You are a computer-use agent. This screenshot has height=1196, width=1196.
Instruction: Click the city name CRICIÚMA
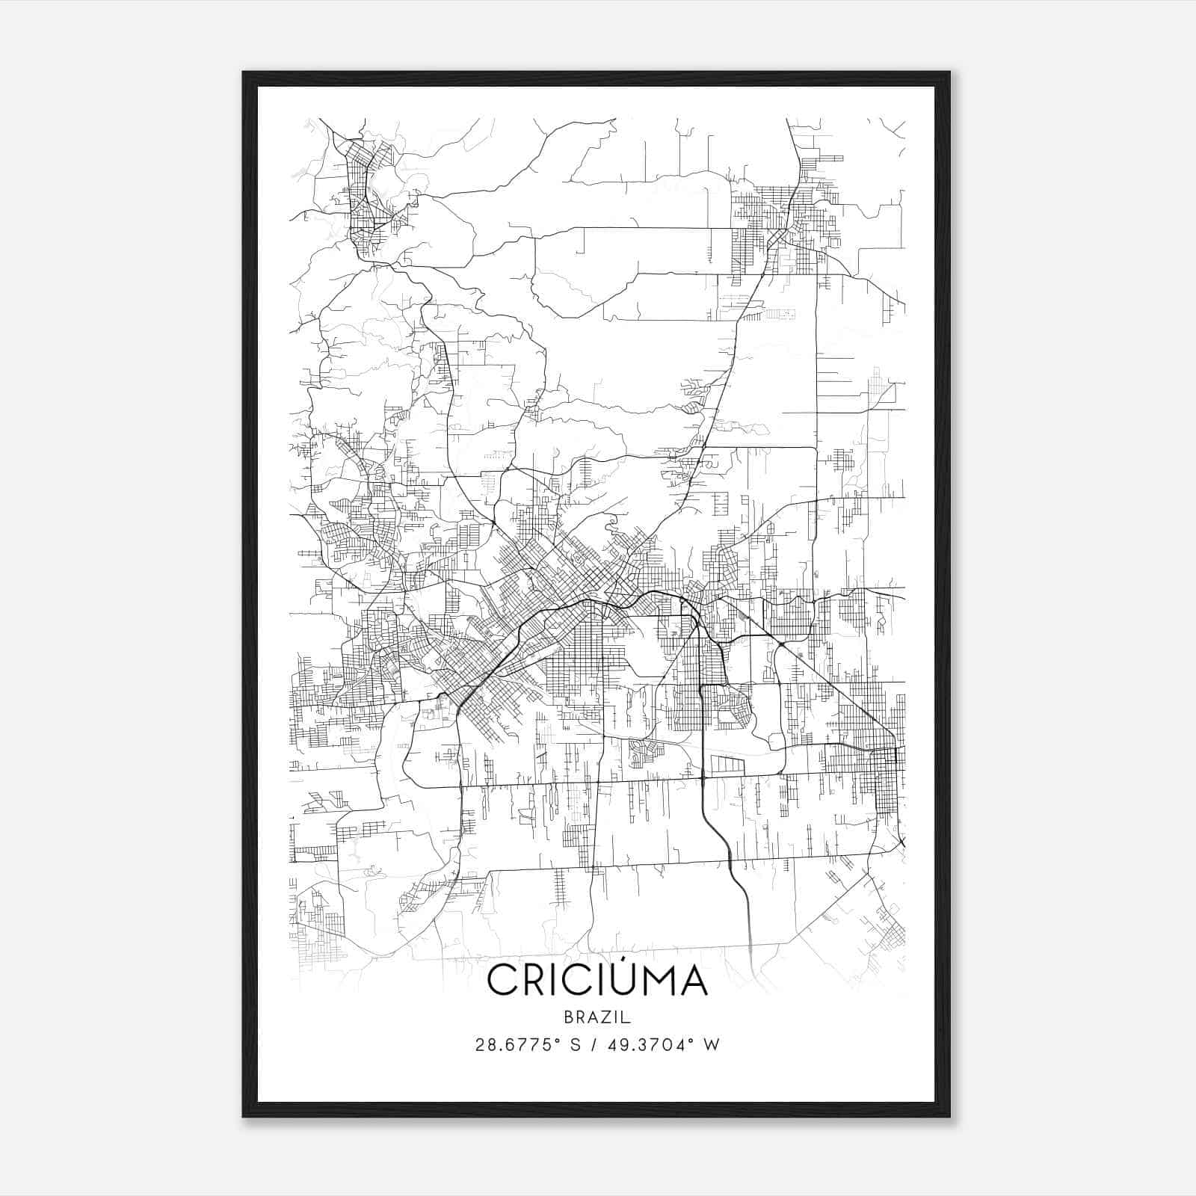click(x=597, y=980)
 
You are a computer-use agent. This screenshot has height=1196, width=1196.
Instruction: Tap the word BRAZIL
click(x=597, y=1017)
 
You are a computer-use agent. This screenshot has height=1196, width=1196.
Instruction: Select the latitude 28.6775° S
click(x=528, y=1045)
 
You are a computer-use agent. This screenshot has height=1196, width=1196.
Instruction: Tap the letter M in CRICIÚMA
click(x=655, y=981)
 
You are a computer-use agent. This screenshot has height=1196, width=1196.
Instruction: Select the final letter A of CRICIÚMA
click(x=692, y=981)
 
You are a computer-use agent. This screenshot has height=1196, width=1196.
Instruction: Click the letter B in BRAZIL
click(x=569, y=1017)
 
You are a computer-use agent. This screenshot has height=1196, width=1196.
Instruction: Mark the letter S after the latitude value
click(x=576, y=1045)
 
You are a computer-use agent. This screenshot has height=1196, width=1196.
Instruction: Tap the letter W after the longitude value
click(x=712, y=1045)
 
